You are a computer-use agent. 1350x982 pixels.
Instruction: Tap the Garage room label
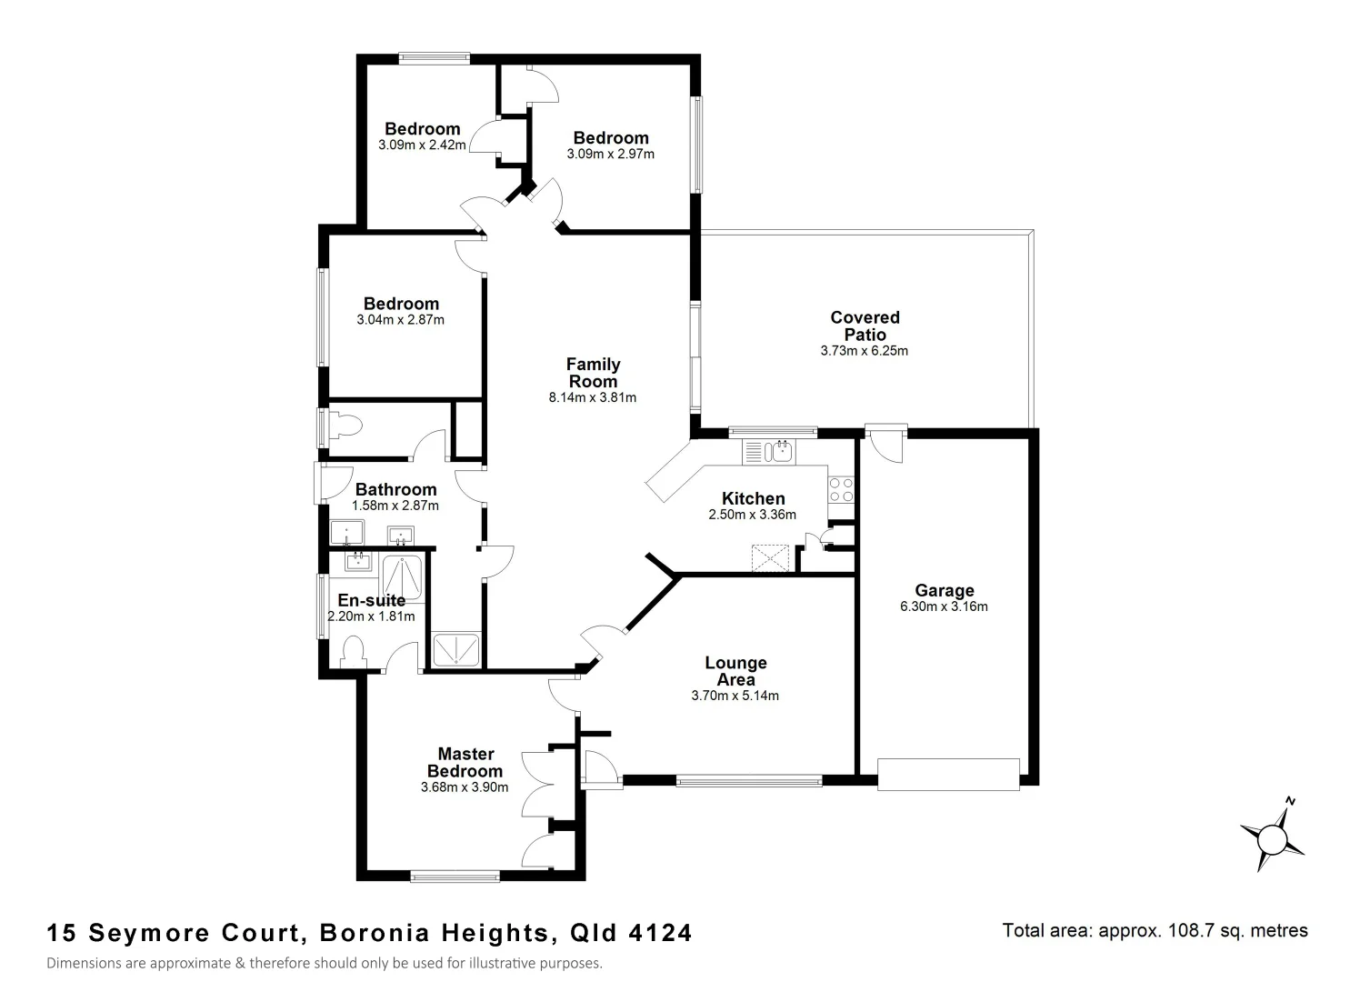click(944, 590)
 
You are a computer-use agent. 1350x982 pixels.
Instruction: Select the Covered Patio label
click(865, 326)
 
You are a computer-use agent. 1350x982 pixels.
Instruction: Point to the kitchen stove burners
click(841, 489)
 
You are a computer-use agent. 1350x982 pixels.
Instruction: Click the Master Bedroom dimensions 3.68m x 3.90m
click(465, 787)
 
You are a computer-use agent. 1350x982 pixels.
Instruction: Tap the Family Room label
click(593, 373)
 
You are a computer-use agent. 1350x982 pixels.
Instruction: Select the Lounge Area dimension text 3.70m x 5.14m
click(735, 696)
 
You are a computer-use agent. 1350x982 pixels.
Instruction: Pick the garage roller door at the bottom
click(948, 774)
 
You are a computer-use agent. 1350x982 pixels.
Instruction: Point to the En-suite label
click(371, 600)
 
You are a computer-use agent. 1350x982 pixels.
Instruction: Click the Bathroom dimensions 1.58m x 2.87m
click(395, 506)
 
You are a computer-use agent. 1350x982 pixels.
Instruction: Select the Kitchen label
click(753, 498)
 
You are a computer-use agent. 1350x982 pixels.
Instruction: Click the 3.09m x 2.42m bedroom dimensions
click(422, 145)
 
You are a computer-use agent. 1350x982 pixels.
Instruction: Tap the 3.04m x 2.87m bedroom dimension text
click(400, 320)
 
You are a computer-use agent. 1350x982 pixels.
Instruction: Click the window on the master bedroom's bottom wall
click(455, 877)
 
